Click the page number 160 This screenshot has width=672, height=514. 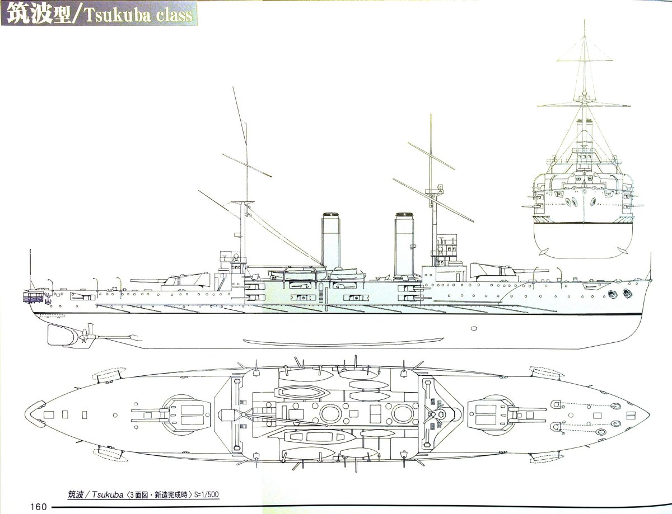click(x=38, y=507)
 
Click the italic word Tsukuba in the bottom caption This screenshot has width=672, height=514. click(x=104, y=494)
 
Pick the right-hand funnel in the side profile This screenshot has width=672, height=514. click(x=404, y=244)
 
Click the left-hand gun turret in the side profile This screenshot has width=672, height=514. click(x=188, y=277)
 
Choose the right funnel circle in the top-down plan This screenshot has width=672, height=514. click(x=402, y=414)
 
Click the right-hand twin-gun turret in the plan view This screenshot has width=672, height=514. click(x=492, y=414)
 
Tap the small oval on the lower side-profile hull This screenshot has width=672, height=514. click(x=474, y=328)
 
